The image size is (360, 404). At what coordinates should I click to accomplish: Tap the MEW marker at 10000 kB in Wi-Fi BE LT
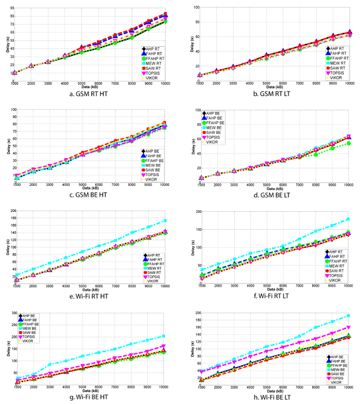(348, 316)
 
